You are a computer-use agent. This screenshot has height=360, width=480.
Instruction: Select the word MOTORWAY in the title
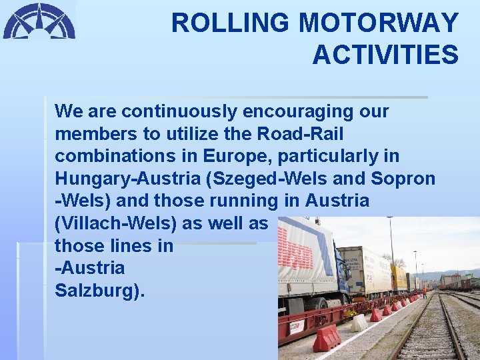(x=379, y=23)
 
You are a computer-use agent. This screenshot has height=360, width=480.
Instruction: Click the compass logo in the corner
(x=39, y=21)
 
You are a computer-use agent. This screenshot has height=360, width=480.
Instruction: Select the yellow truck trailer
(x=399, y=276)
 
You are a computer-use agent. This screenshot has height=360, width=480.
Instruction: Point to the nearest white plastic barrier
(x=359, y=323)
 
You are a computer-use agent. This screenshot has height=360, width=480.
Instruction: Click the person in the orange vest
(x=424, y=292)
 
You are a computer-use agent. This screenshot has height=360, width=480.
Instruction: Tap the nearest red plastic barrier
(x=327, y=338)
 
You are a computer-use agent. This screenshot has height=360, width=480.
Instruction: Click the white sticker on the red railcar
(x=296, y=327)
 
